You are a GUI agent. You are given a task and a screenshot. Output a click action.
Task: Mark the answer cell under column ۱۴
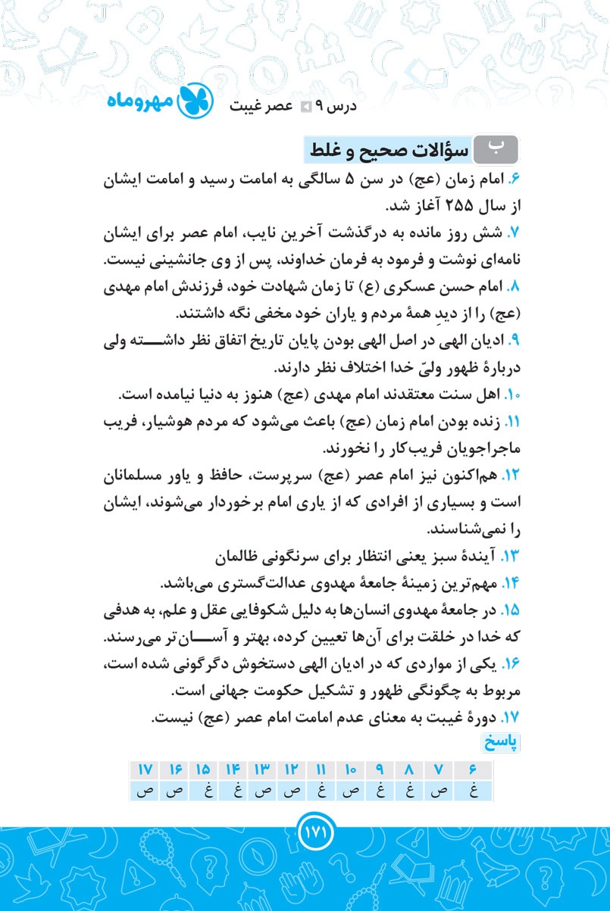[x=233, y=791]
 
